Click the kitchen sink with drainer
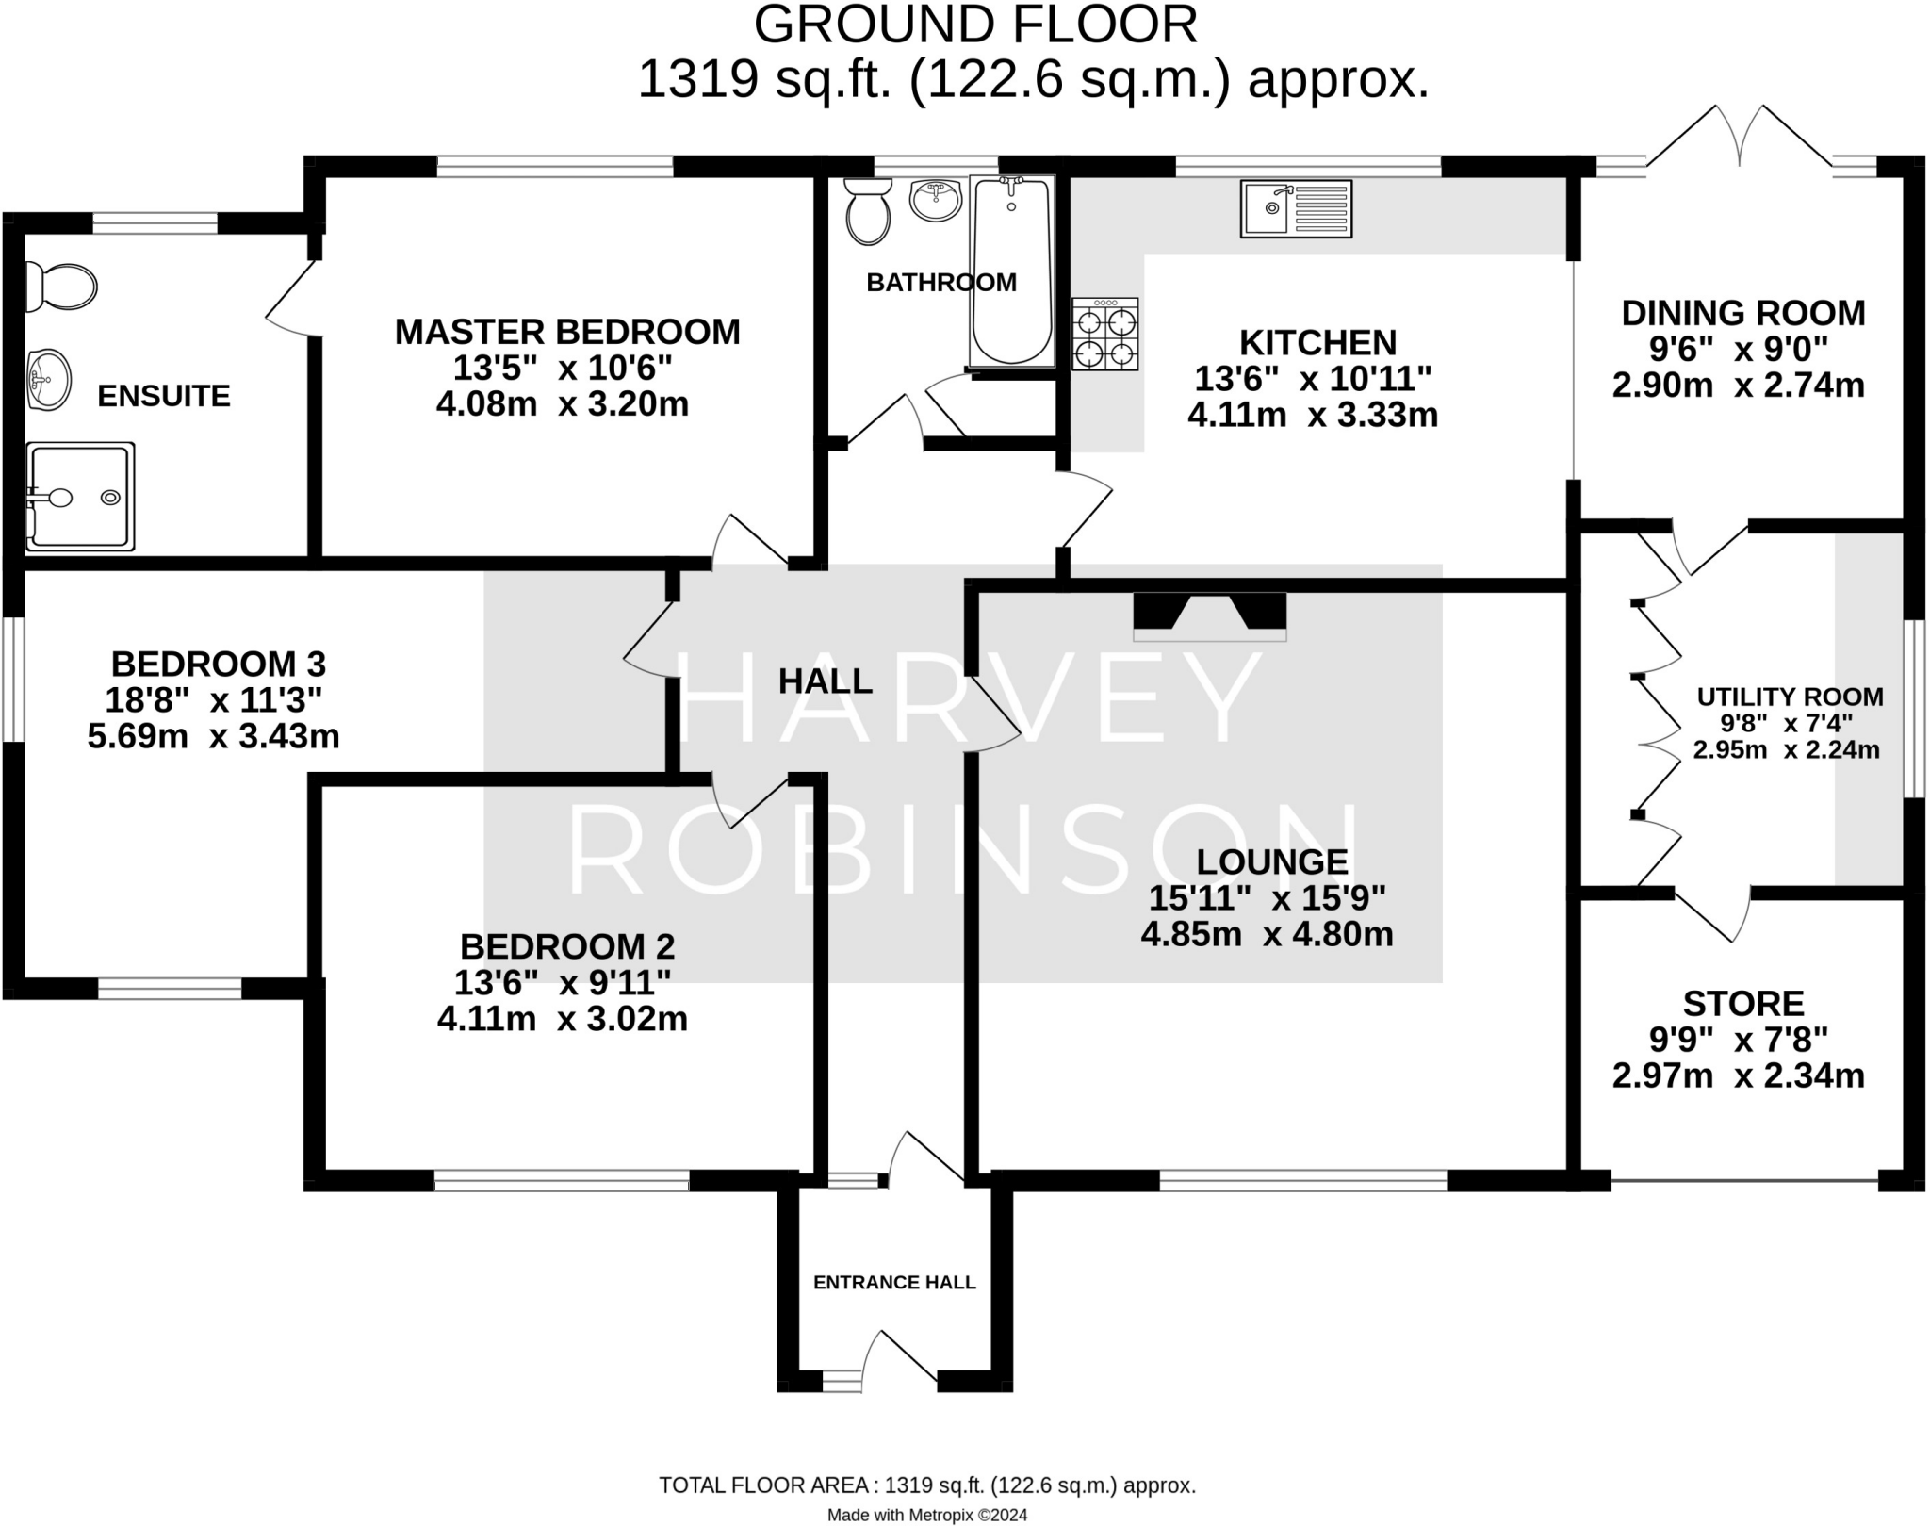1296,209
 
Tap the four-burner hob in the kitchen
1104,335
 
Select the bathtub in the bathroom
1011,271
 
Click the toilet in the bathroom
868,211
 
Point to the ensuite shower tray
80,496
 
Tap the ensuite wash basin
48,379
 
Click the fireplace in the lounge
1209,615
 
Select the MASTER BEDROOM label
567,332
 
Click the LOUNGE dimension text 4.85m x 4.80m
1267,934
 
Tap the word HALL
826,681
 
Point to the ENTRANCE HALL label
894,1282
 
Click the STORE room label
1742,1003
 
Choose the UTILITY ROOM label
1790,697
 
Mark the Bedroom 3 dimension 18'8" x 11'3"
217,700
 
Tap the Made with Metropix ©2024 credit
927,1516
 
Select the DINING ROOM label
1742,313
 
